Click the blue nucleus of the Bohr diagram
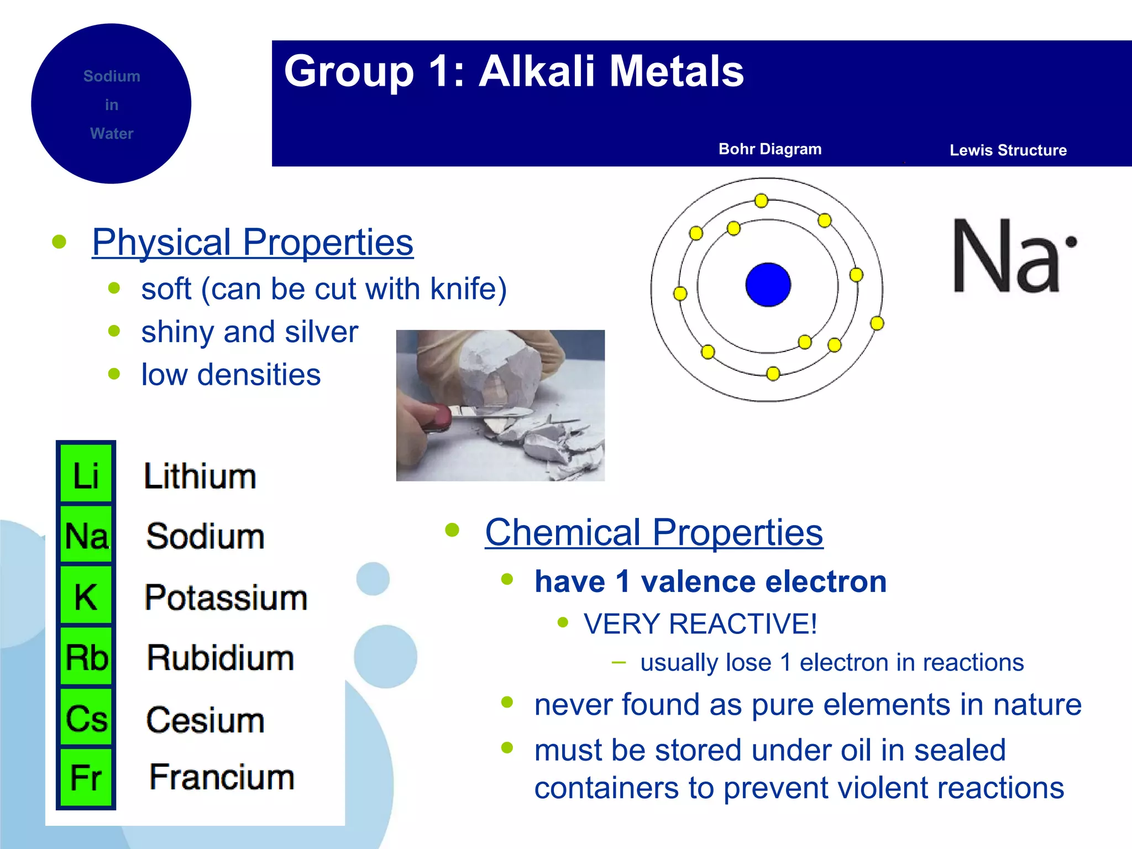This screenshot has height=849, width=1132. (x=768, y=285)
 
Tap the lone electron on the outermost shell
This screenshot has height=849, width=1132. (x=877, y=323)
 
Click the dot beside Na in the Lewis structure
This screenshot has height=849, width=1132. (x=1071, y=242)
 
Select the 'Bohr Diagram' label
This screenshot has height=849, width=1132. (x=769, y=149)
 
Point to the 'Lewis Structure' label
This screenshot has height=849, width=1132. (x=1008, y=150)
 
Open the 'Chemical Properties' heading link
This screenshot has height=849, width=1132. (x=654, y=532)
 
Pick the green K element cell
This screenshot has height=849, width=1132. (x=86, y=597)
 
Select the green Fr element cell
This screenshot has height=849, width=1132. (x=86, y=778)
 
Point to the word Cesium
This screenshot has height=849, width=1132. (x=205, y=720)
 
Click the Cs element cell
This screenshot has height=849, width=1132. (x=86, y=718)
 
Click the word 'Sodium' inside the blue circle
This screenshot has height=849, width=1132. (x=112, y=76)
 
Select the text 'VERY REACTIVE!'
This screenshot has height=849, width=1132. (x=700, y=623)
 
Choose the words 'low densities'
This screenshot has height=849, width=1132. (x=230, y=375)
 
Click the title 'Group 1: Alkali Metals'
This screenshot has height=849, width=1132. (x=513, y=72)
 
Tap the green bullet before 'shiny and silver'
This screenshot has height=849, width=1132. (x=114, y=331)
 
